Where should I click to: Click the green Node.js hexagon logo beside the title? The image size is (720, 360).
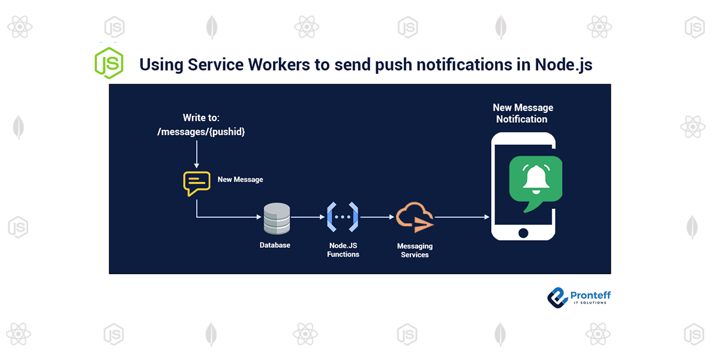(x=109, y=63)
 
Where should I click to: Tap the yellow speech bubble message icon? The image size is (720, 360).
(x=196, y=183)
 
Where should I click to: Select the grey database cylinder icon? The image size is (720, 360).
(x=277, y=218)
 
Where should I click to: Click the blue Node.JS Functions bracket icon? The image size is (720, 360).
(x=343, y=217)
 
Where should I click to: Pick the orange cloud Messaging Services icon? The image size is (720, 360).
(x=415, y=218)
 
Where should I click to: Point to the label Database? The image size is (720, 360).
(x=275, y=245)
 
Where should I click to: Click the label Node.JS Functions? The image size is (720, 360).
(x=343, y=250)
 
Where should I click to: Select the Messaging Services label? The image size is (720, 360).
(x=415, y=250)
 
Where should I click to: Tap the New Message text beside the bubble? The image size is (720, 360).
(x=240, y=179)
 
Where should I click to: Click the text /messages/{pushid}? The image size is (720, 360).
(x=201, y=132)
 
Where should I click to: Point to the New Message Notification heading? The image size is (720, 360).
(x=523, y=113)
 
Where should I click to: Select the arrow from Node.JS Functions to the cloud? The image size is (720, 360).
(x=376, y=217)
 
